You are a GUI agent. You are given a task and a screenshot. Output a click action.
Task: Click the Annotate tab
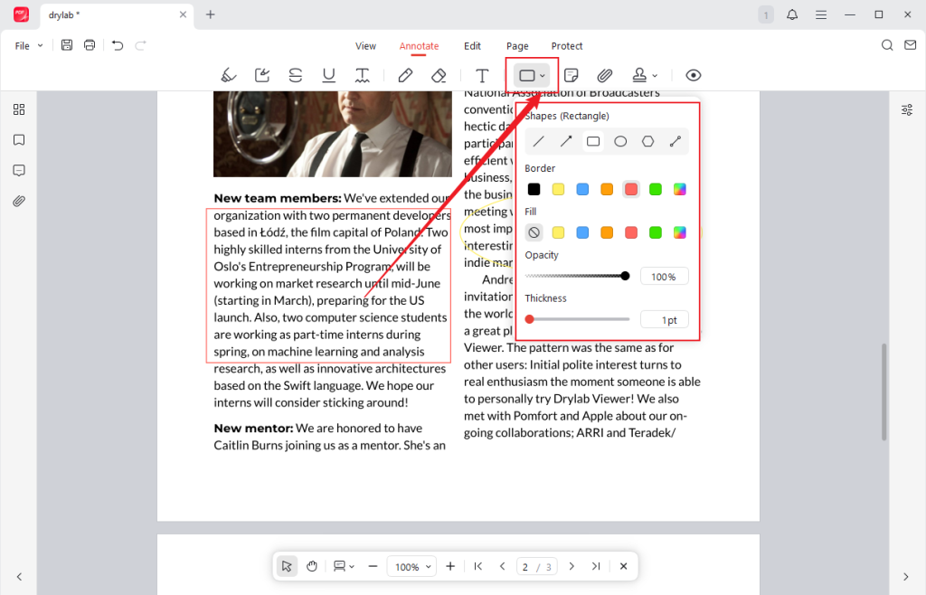pos(419,46)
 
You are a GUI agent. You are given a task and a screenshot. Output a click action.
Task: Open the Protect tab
pos(567,46)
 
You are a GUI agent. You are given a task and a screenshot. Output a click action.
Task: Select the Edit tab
pos(472,46)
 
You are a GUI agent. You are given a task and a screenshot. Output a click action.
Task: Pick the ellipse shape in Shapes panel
pos(620,141)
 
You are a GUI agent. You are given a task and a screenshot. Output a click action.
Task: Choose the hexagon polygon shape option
pos(647,141)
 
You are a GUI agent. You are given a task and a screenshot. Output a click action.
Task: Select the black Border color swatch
pos(534,189)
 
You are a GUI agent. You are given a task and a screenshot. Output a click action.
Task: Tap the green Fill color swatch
pos(656,232)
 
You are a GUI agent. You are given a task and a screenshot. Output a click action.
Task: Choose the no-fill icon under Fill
pos(534,232)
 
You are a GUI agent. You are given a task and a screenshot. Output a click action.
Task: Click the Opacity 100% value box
pos(664,276)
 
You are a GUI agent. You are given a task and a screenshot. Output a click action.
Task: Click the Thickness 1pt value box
pos(664,319)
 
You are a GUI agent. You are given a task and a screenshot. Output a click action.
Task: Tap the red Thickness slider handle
pos(530,319)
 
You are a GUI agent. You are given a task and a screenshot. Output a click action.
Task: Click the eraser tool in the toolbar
pos(439,75)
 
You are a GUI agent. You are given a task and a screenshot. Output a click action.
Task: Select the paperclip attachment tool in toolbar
pos(605,75)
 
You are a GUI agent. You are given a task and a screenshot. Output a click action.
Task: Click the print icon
pos(90,45)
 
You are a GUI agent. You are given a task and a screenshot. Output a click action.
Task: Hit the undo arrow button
pos(118,45)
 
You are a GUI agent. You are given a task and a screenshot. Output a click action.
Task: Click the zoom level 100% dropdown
pos(411,566)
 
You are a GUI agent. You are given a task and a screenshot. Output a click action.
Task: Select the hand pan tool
pos(312,566)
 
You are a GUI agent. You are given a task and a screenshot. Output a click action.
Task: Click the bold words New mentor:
pos(253,428)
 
